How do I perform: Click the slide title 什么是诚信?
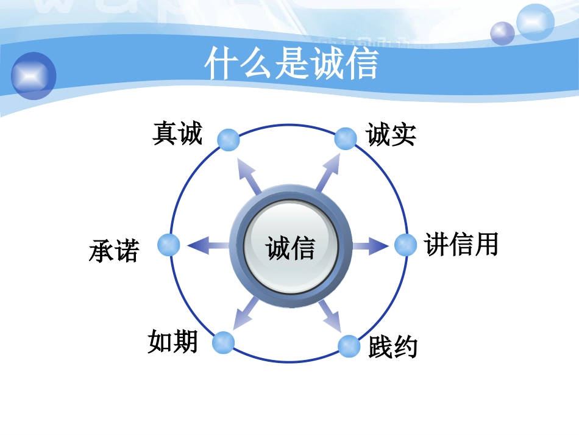[291, 63]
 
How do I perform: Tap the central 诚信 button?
[290, 246]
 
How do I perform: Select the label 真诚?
[177, 133]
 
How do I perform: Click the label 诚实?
[391, 135]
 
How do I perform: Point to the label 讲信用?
[461, 244]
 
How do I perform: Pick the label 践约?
[393, 347]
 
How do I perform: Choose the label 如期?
[172, 341]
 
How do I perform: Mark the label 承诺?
[114, 251]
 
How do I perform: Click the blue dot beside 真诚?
[229, 140]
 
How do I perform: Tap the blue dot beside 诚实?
[346, 138]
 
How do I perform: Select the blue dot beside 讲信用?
[406, 245]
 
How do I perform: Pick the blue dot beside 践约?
[349, 347]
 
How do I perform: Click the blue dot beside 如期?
[224, 342]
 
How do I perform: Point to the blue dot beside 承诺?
[169, 245]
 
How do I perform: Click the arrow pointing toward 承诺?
[208, 245]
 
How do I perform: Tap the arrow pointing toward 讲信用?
[370, 246]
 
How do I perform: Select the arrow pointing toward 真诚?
[249, 176]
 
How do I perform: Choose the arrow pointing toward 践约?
[329, 315]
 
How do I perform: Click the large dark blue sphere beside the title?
[34, 76]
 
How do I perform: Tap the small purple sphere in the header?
[503, 34]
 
